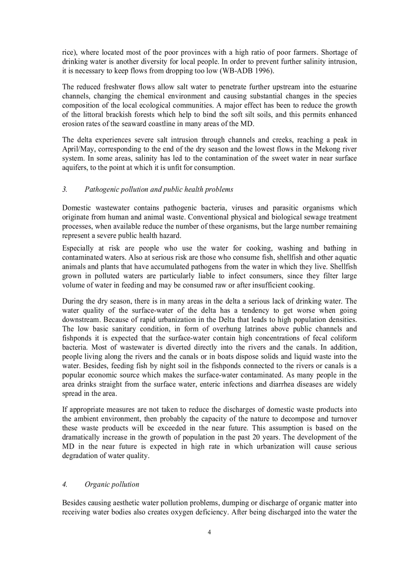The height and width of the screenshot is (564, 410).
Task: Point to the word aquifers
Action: tap(76, 168)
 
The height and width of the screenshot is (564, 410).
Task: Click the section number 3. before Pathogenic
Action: tap(65, 189)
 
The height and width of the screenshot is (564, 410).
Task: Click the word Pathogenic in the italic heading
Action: tap(102, 189)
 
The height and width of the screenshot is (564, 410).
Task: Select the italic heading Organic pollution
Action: tap(112, 484)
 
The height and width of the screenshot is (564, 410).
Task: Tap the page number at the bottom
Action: tap(209, 532)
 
